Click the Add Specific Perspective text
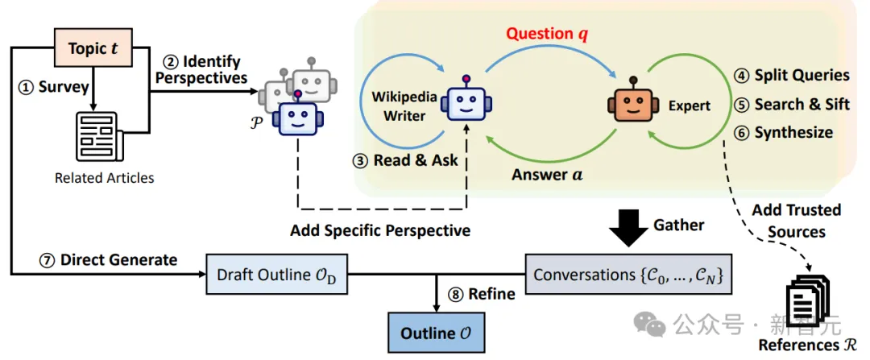click(380, 231)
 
